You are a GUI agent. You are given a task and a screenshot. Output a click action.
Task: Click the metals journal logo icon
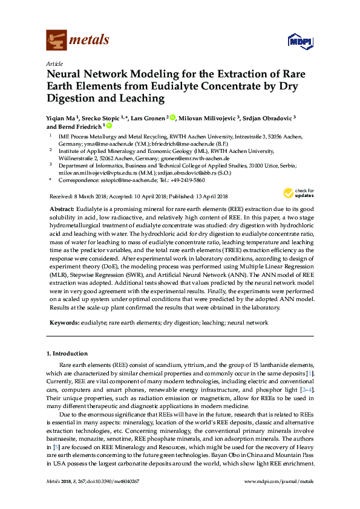click(56, 41)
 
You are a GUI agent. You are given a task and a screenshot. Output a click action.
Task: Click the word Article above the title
click(54, 63)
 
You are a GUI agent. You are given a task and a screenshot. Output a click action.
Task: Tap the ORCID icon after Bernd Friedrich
click(110, 126)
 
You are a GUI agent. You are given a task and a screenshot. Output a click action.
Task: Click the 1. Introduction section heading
click(67, 352)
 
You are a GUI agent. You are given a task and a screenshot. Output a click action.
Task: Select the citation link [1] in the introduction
click(310, 374)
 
